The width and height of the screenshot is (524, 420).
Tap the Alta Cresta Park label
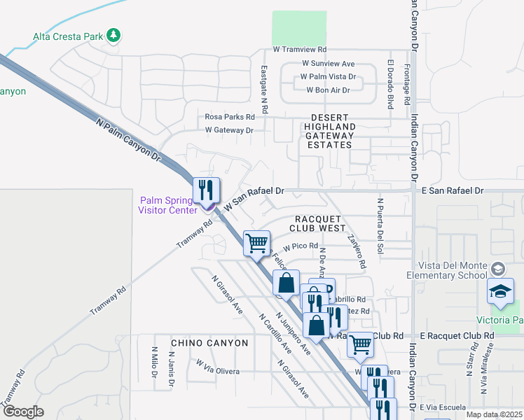click(x=68, y=36)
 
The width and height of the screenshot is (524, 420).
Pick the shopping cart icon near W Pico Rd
click(x=257, y=243)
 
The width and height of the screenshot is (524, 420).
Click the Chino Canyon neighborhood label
click(x=209, y=343)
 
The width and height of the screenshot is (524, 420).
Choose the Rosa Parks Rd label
click(x=230, y=117)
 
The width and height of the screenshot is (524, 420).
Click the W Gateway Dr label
click(x=228, y=130)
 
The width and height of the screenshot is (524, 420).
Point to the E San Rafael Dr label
click(x=452, y=190)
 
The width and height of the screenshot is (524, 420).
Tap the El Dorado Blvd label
click(x=390, y=85)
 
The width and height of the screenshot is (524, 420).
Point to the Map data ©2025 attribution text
click(x=494, y=414)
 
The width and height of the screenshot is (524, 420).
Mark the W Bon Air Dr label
click(x=328, y=90)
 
